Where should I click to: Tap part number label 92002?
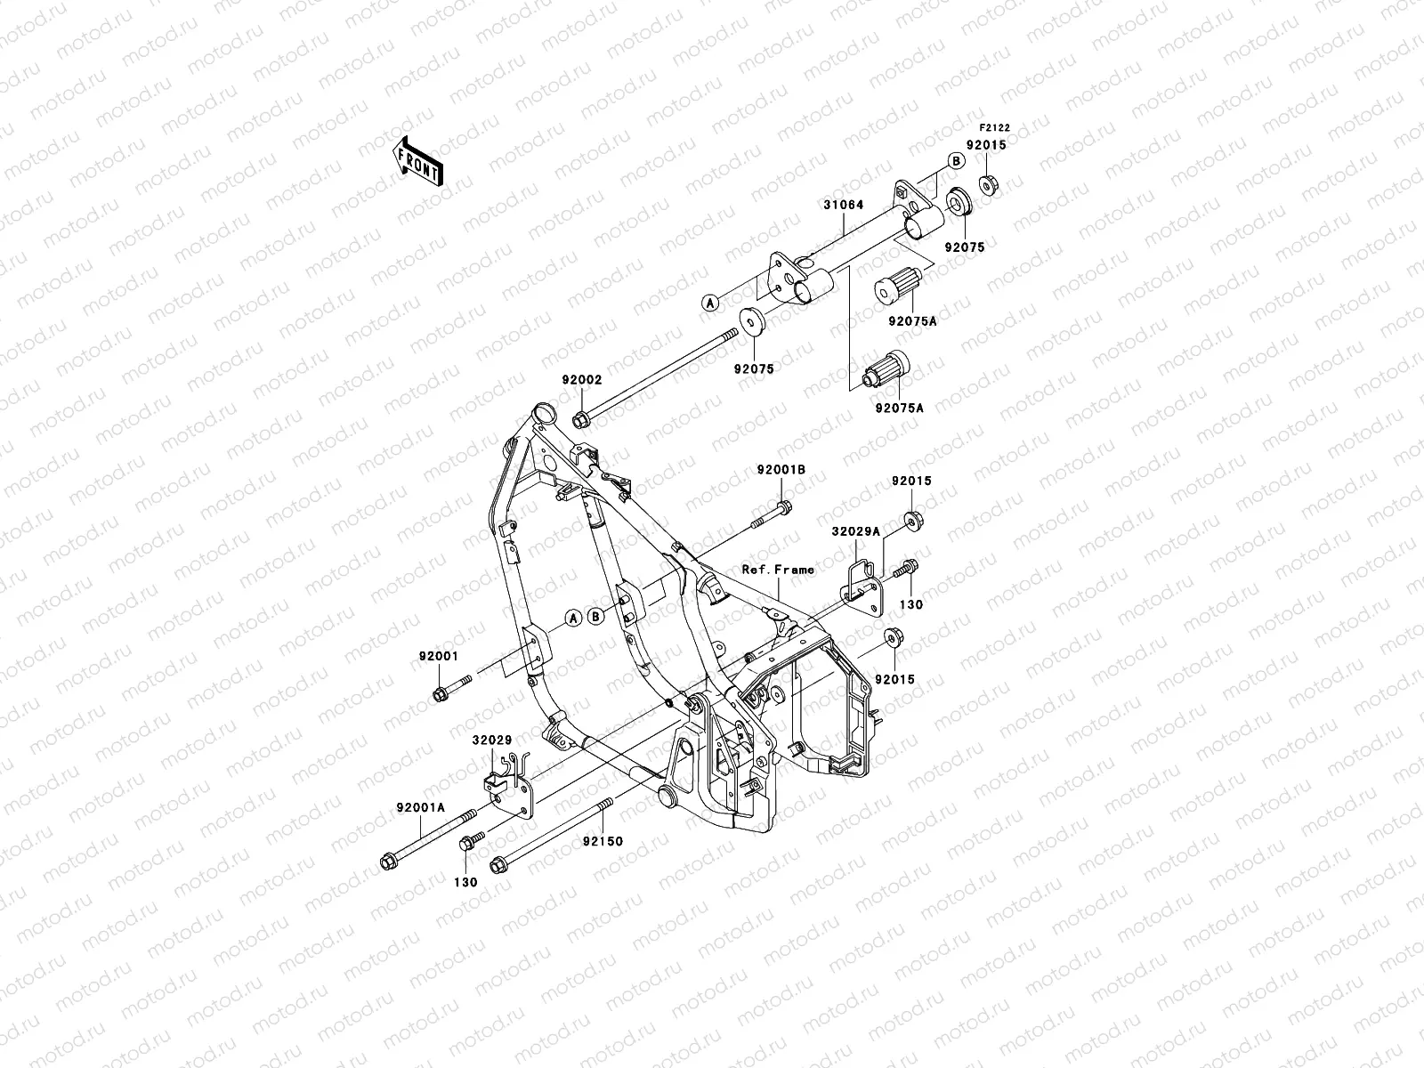pos(581,379)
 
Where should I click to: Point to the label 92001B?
pos(781,469)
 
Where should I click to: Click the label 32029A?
pos(855,530)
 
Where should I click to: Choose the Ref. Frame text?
pos(778,570)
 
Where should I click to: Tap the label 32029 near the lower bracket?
pos(491,739)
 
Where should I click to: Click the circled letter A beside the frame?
pos(573,616)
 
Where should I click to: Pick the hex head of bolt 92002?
pos(579,418)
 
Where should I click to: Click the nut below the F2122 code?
pos(986,184)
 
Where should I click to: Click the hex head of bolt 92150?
pos(498,862)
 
